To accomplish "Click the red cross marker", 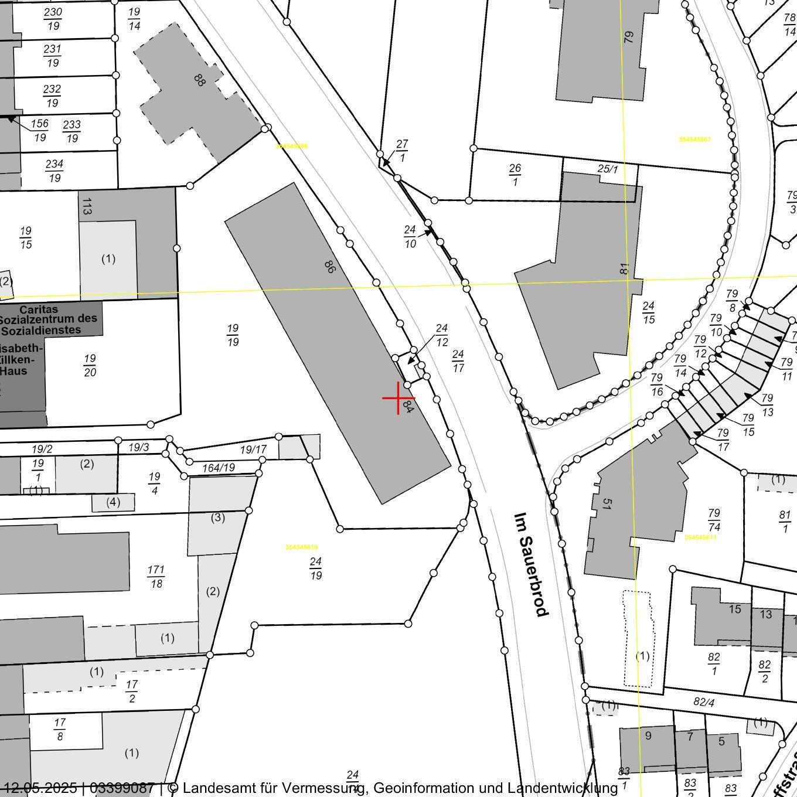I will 398,398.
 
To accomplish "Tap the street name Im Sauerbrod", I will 531,565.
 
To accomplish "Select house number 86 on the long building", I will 330,267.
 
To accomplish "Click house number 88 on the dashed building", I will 199,80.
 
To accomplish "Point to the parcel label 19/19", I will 233,335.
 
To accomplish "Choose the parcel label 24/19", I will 316,568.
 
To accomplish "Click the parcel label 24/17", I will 458,361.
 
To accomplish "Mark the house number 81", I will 625,268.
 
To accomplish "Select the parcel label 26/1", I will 515,175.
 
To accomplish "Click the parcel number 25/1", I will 608,169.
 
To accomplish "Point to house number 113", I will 87,206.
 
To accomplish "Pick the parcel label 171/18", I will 156,576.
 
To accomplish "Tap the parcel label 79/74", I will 714,520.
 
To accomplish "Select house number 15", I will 735,609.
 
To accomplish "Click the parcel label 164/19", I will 218,468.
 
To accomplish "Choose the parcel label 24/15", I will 648,312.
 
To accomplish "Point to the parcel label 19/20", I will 90,365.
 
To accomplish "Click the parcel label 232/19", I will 52,96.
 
